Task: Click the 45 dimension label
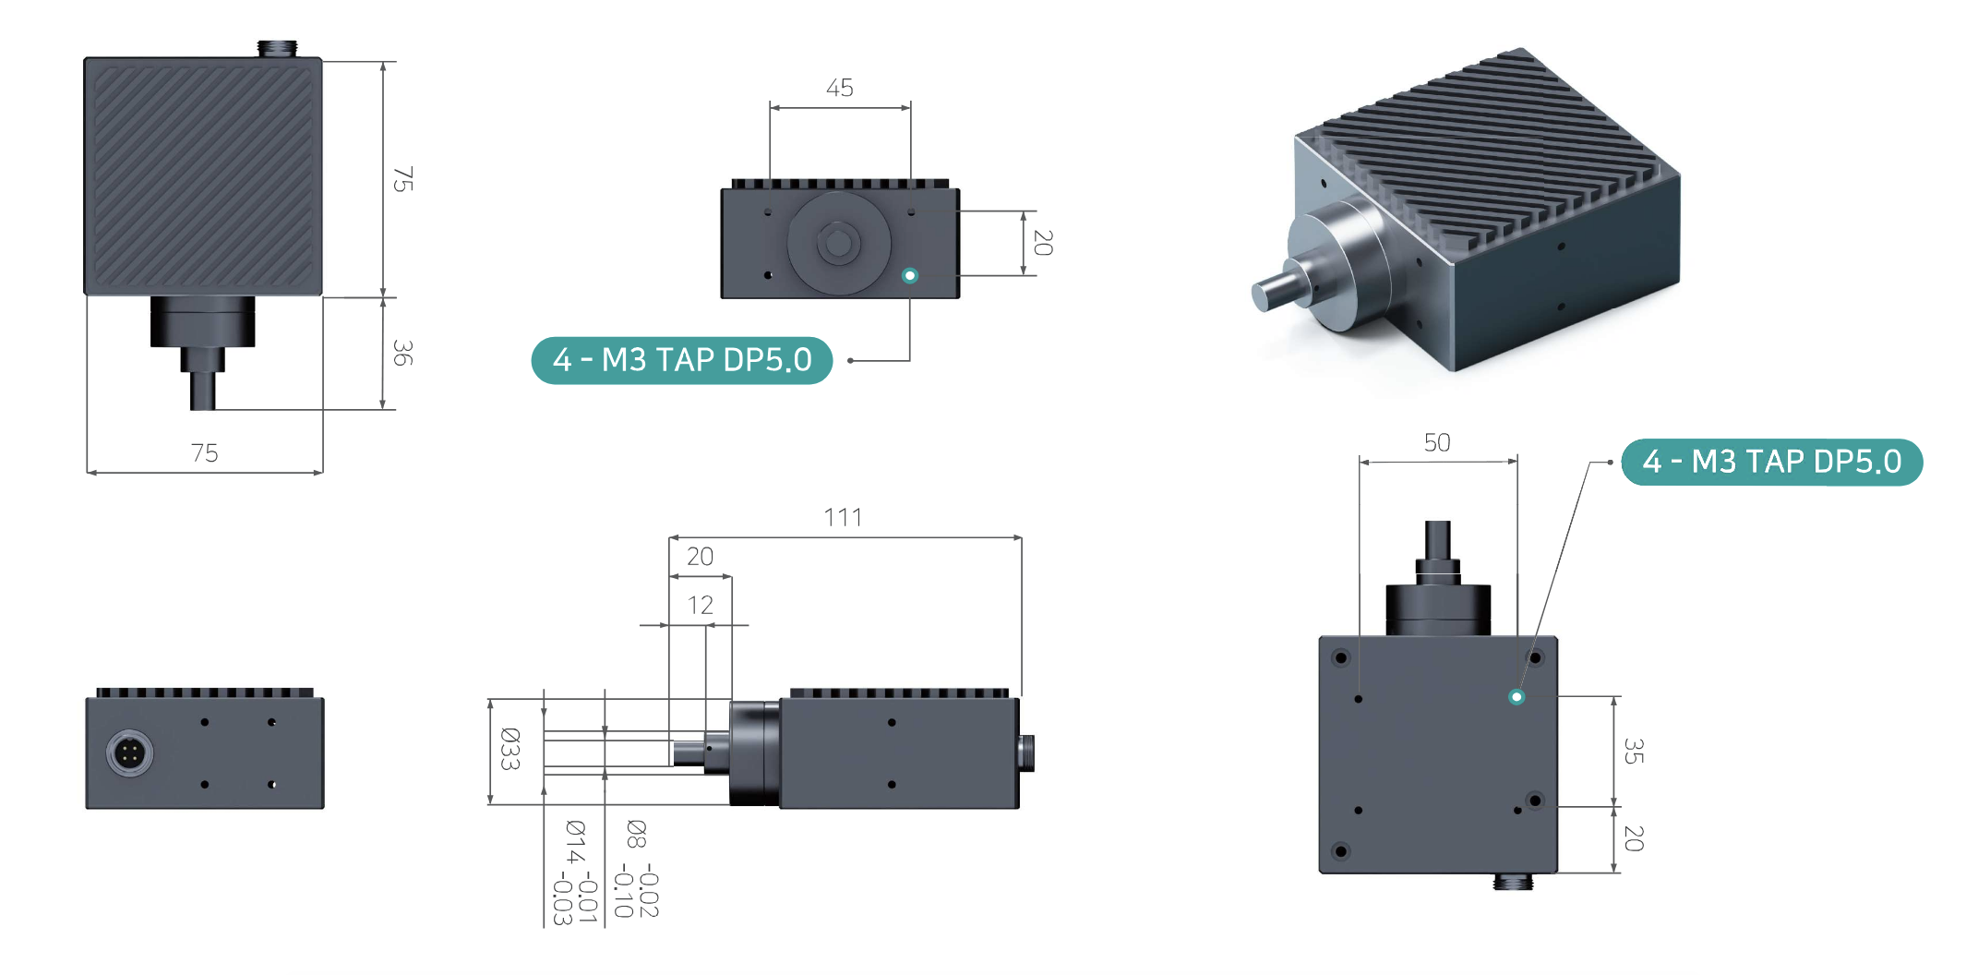839,88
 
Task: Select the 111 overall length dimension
843,517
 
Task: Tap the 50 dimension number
1437,442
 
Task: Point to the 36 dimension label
402,353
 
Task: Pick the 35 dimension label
1633,751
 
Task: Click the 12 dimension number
700,605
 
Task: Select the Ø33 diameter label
509,749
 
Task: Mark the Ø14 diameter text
575,841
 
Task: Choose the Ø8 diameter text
637,834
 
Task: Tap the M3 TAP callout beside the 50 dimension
1771,462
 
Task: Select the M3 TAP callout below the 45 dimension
682,360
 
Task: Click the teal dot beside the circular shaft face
910,275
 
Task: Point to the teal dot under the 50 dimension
1516,697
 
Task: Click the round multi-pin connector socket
130,753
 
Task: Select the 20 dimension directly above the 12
700,557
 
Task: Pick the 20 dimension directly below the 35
1633,838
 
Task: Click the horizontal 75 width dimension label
204,452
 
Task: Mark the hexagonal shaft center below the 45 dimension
838,244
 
